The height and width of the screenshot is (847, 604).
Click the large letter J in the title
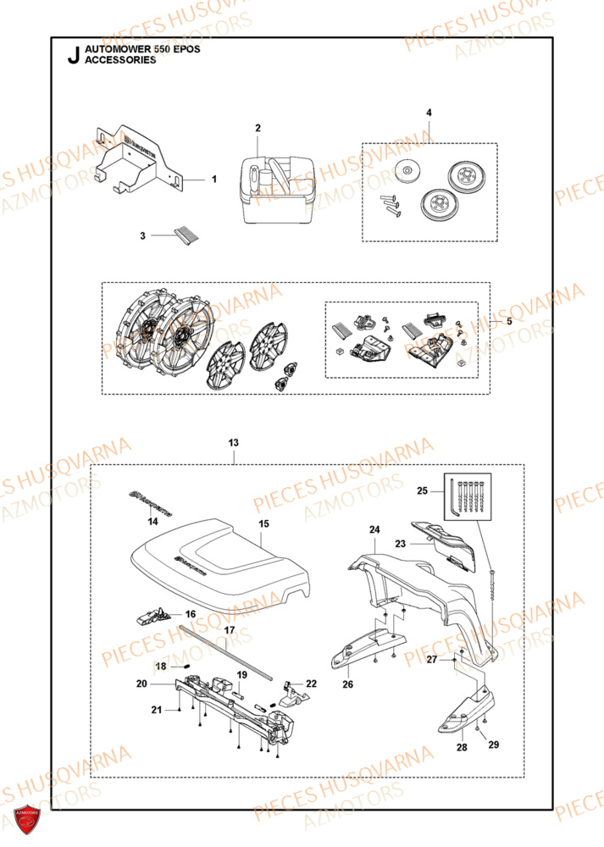71,57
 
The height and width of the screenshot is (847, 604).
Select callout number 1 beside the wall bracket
214,180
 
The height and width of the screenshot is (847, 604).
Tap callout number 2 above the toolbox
258,128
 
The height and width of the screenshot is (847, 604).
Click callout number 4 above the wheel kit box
429,113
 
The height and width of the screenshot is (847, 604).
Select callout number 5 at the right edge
509,322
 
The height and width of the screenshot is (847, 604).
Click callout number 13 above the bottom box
234,443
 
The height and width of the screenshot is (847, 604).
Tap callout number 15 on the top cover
263,524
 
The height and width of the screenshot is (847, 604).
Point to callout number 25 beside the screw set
446,490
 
